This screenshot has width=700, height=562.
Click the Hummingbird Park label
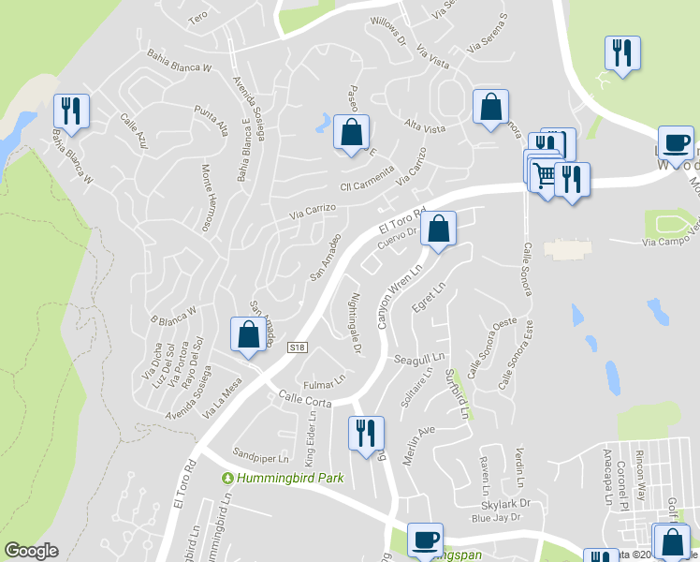coord(284,478)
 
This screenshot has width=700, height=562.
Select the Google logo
coord(31,551)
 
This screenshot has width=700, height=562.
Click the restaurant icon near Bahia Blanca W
coord(72,111)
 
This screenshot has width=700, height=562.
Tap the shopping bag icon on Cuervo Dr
coord(438,228)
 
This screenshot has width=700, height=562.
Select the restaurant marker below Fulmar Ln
coord(365,432)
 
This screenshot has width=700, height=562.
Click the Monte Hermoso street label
coord(206,198)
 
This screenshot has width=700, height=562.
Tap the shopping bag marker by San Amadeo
coord(248,335)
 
